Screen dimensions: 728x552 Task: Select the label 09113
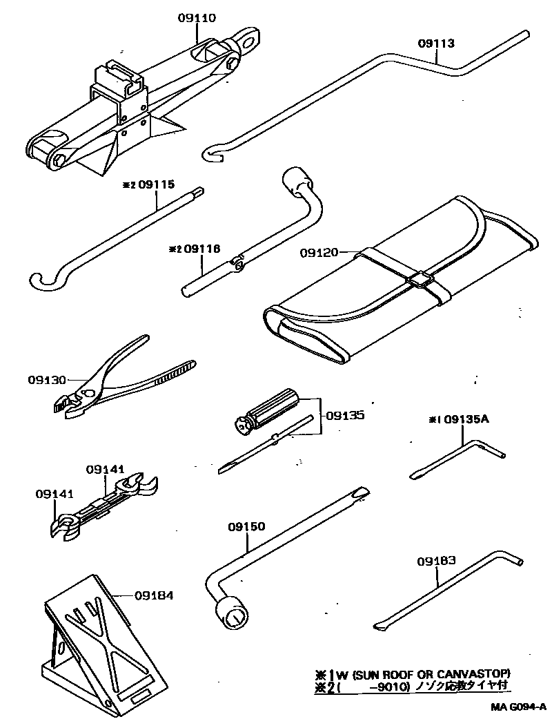click(x=436, y=44)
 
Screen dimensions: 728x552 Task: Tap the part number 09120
click(x=319, y=253)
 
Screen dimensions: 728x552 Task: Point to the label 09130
click(x=48, y=380)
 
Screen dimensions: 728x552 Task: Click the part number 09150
click(x=246, y=527)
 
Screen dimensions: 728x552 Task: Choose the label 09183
click(x=436, y=562)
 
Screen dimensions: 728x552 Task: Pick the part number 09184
click(x=154, y=595)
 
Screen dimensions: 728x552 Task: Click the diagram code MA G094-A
click(x=518, y=707)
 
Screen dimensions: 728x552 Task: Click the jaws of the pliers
click(x=68, y=405)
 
